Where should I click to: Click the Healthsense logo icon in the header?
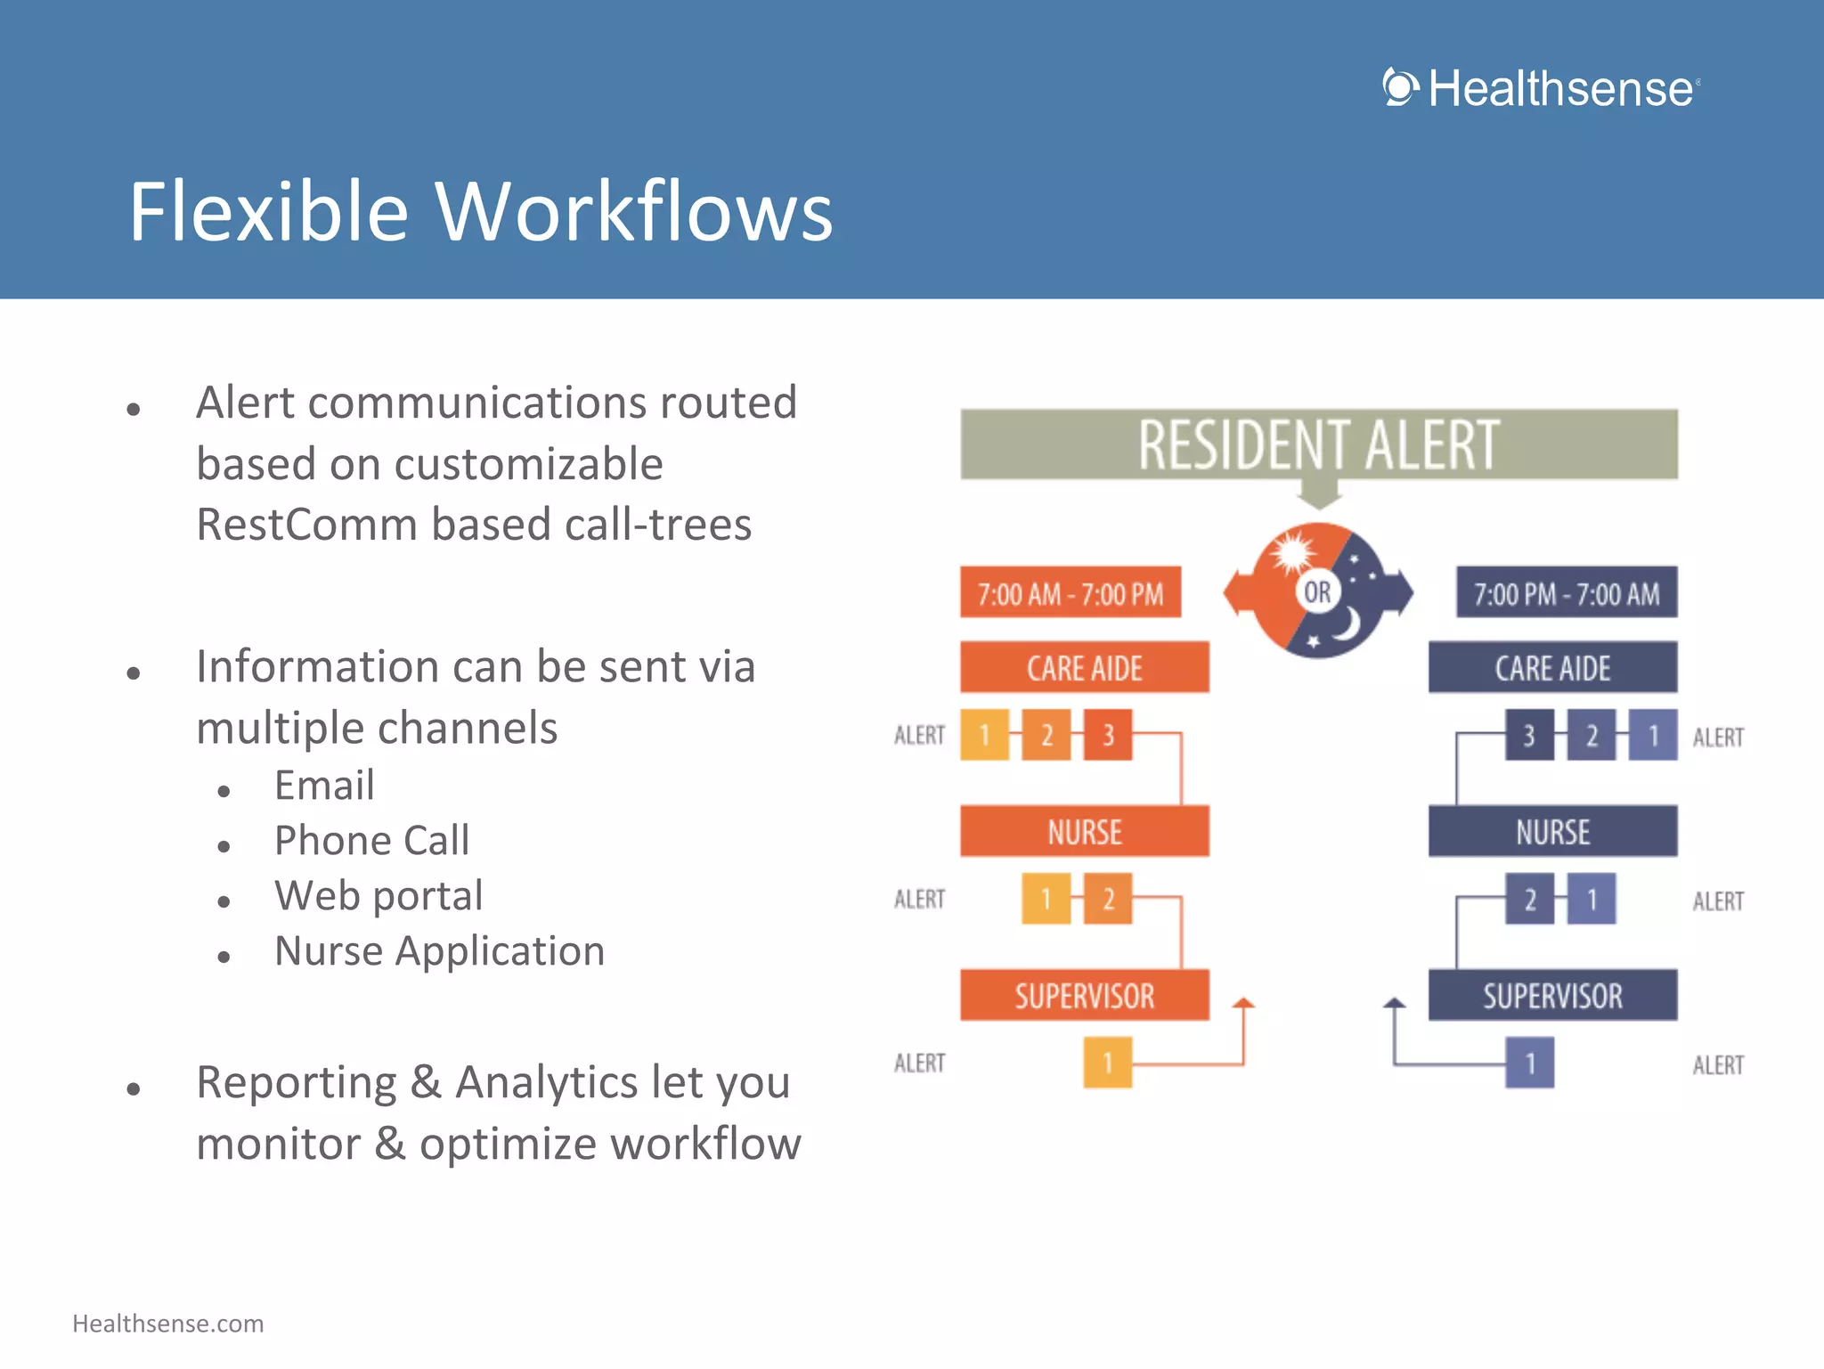(1401, 87)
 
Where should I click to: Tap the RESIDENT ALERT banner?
(1318, 444)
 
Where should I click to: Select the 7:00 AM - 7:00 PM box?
(1070, 593)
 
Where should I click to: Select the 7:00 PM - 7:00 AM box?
(1566, 593)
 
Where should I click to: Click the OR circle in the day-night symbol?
(1317, 591)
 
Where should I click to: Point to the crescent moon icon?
(1348, 624)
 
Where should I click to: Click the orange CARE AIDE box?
(1084, 667)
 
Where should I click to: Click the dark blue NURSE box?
(1552, 832)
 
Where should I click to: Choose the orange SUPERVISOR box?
(1084, 996)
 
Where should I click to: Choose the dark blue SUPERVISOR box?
(1552, 996)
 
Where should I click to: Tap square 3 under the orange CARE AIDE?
(1108, 735)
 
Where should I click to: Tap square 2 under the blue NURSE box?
(1529, 899)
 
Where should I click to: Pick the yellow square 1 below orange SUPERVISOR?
(1107, 1063)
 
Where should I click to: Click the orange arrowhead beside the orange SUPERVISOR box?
(1243, 1004)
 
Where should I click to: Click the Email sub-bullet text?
(324, 786)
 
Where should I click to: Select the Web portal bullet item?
(379, 896)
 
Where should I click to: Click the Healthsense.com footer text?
(167, 1324)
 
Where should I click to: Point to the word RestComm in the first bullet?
(305, 525)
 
